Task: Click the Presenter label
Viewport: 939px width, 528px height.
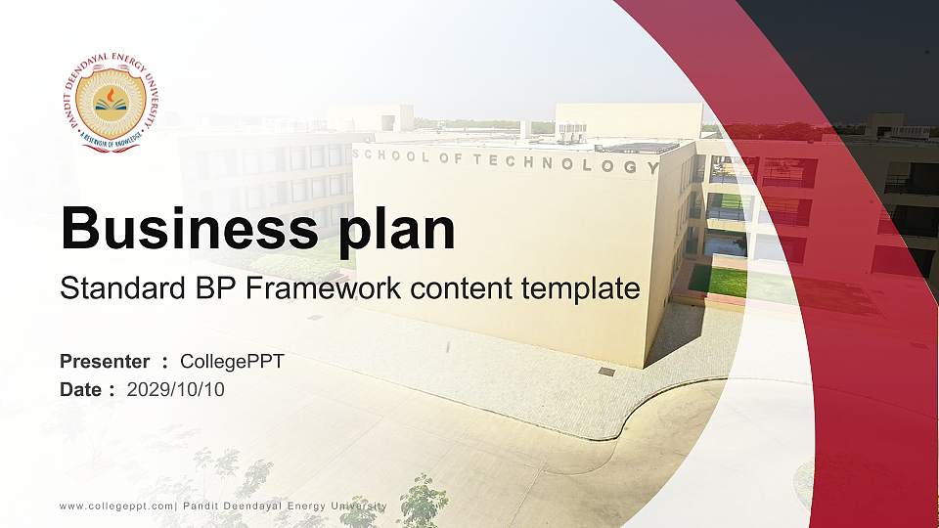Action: [105, 362]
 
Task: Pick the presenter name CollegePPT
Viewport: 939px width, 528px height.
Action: [233, 362]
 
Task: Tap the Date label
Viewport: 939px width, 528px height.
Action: [81, 389]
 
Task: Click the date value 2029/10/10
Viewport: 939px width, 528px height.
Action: [176, 389]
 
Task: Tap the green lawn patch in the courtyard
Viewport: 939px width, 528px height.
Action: [718, 281]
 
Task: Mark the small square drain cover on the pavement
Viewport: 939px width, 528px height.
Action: [606, 372]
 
